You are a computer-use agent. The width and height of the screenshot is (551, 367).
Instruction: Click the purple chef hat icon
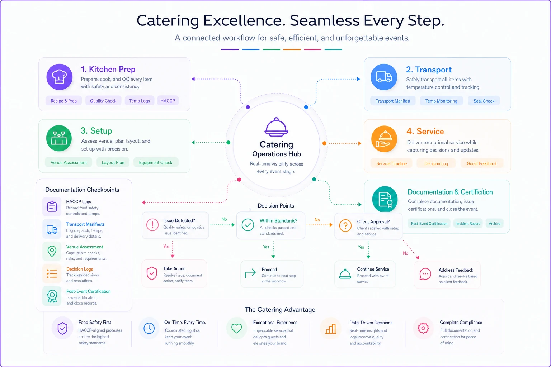pyautogui.click(x=59, y=77)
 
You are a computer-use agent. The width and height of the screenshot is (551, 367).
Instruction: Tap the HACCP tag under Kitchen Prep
pyautogui.click(x=168, y=101)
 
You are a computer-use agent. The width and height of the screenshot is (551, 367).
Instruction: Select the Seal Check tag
pyautogui.click(x=484, y=101)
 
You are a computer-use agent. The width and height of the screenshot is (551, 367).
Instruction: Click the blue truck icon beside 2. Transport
pyautogui.click(x=384, y=77)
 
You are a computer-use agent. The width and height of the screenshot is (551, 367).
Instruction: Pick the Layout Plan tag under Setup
pyautogui.click(x=113, y=162)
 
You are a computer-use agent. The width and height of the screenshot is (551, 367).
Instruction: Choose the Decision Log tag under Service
pyautogui.click(x=436, y=163)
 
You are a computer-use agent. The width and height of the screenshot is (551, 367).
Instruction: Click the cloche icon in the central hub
pyautogui.click(x=276, y=127)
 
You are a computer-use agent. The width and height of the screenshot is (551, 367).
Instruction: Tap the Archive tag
pyautogui.click(x=494, y=223)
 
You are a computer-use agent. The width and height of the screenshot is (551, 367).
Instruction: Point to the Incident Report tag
pyautogui.click(x=468, y=223)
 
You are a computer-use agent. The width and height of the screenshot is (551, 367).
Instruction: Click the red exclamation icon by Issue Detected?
pyautogui.click(x=152, y=225)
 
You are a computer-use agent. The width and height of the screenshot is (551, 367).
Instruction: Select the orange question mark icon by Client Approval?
pyautogui.click(x=345, y=225)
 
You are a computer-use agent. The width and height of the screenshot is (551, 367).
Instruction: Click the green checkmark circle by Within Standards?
pyautogui.click(x=248, y=225)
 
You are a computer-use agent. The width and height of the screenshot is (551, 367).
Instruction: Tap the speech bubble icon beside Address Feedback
pyautogui.click(x=425, y=274)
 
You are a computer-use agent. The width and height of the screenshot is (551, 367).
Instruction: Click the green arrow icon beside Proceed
pyautogui.click(x=250, y=273)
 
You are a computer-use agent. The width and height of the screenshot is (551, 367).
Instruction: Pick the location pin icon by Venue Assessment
pyautogui.click(x=52, y=251)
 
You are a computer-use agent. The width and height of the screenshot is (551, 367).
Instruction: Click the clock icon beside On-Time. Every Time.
pyautogui.click(x=149, y=328)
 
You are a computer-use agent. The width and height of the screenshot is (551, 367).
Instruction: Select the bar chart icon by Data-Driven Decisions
pyautogui.click(x=331, y=329)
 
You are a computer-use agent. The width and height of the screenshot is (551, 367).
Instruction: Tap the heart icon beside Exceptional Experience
pyautogui.click(x=236, y=328)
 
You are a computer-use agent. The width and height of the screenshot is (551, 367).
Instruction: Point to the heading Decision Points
pyautogui.click(x=276, y=206)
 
